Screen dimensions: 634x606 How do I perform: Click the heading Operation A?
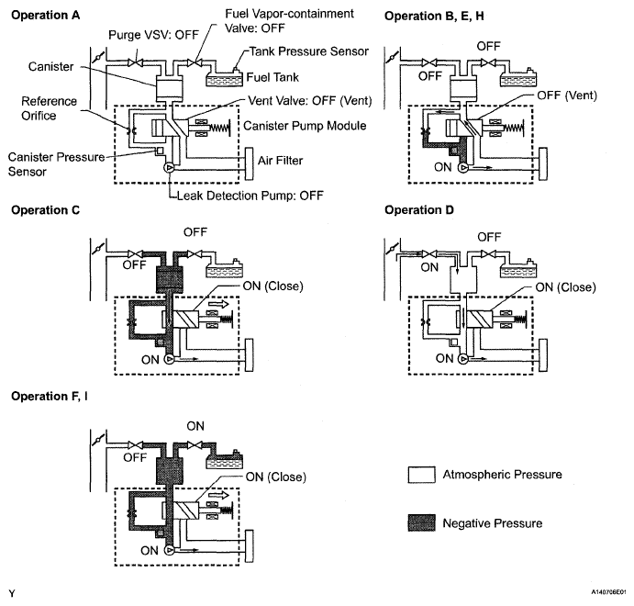pyautogui.click(x=45, y=16)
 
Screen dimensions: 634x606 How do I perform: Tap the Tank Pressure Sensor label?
pyautogui.click(x=309, y=51)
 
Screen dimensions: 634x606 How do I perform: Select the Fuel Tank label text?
pyautogui.click(x=273, y=77)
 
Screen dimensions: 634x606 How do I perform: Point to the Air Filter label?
pyautogui.click(x=280, y=161)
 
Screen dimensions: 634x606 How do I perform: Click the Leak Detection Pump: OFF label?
pyautogui.click(x=250, y=196)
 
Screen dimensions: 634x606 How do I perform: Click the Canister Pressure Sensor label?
pyautogui.click(x=56, y=164)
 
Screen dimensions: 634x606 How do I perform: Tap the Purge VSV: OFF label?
pyautogui.click(x=153, y=35)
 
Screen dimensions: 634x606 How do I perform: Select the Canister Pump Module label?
pyautogui.click(x=305, y=126)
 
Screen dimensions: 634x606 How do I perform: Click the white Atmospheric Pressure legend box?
pyautogui.click(x=422, y=475)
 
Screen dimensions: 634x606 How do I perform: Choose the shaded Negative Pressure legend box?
pyautogui.click(x=422, y=522)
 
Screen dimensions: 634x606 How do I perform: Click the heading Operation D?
pyautogui.click(x=419, y=210)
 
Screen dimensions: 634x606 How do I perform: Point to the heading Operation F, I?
pyautogui.click(x=50, y=396)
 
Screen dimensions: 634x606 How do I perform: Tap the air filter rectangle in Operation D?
pyautogui.click(x=543, y=354)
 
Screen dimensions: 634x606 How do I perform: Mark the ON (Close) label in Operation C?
pyautogui.click(x=273, y=286)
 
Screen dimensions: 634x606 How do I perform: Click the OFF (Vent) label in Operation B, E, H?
pyautogui.click(x=567, y=95)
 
